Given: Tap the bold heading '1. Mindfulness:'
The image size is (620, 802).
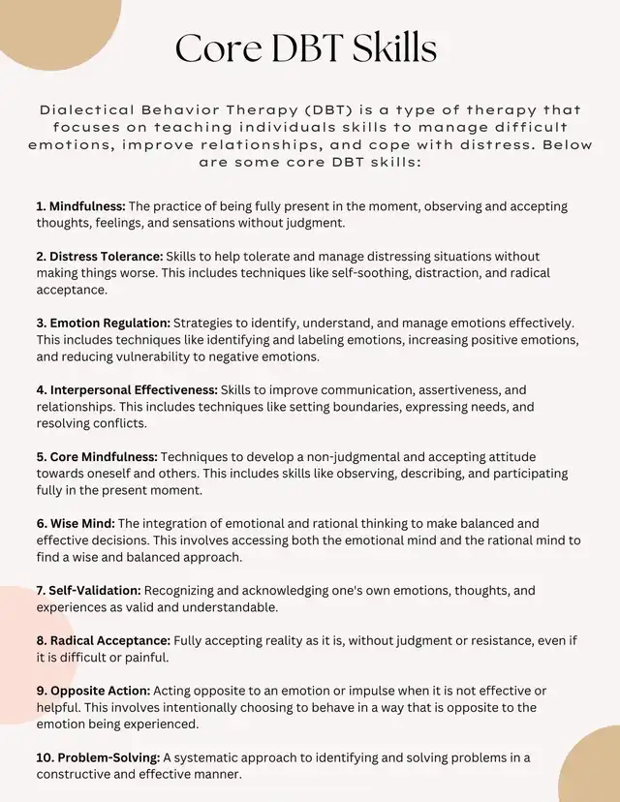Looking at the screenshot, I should tap(81, 206).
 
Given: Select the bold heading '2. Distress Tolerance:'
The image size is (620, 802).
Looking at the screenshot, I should tap(100, 257).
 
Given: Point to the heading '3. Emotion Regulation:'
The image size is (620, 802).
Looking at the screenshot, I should tap(104, 323).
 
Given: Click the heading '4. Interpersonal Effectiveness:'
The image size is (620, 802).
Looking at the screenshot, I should tap(126, 389).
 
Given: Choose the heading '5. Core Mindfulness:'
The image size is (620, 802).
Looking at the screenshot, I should tap(97, 456).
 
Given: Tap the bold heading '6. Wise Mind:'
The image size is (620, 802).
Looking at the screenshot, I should tap(76, 523).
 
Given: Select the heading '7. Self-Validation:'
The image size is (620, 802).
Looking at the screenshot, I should tap(89, 590).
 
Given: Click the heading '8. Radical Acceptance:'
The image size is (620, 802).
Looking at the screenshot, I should tap(104, 640).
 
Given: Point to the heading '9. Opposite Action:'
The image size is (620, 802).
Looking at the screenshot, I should tap(93, 691).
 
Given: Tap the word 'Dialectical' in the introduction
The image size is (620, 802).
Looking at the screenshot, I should tap(88, 110).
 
